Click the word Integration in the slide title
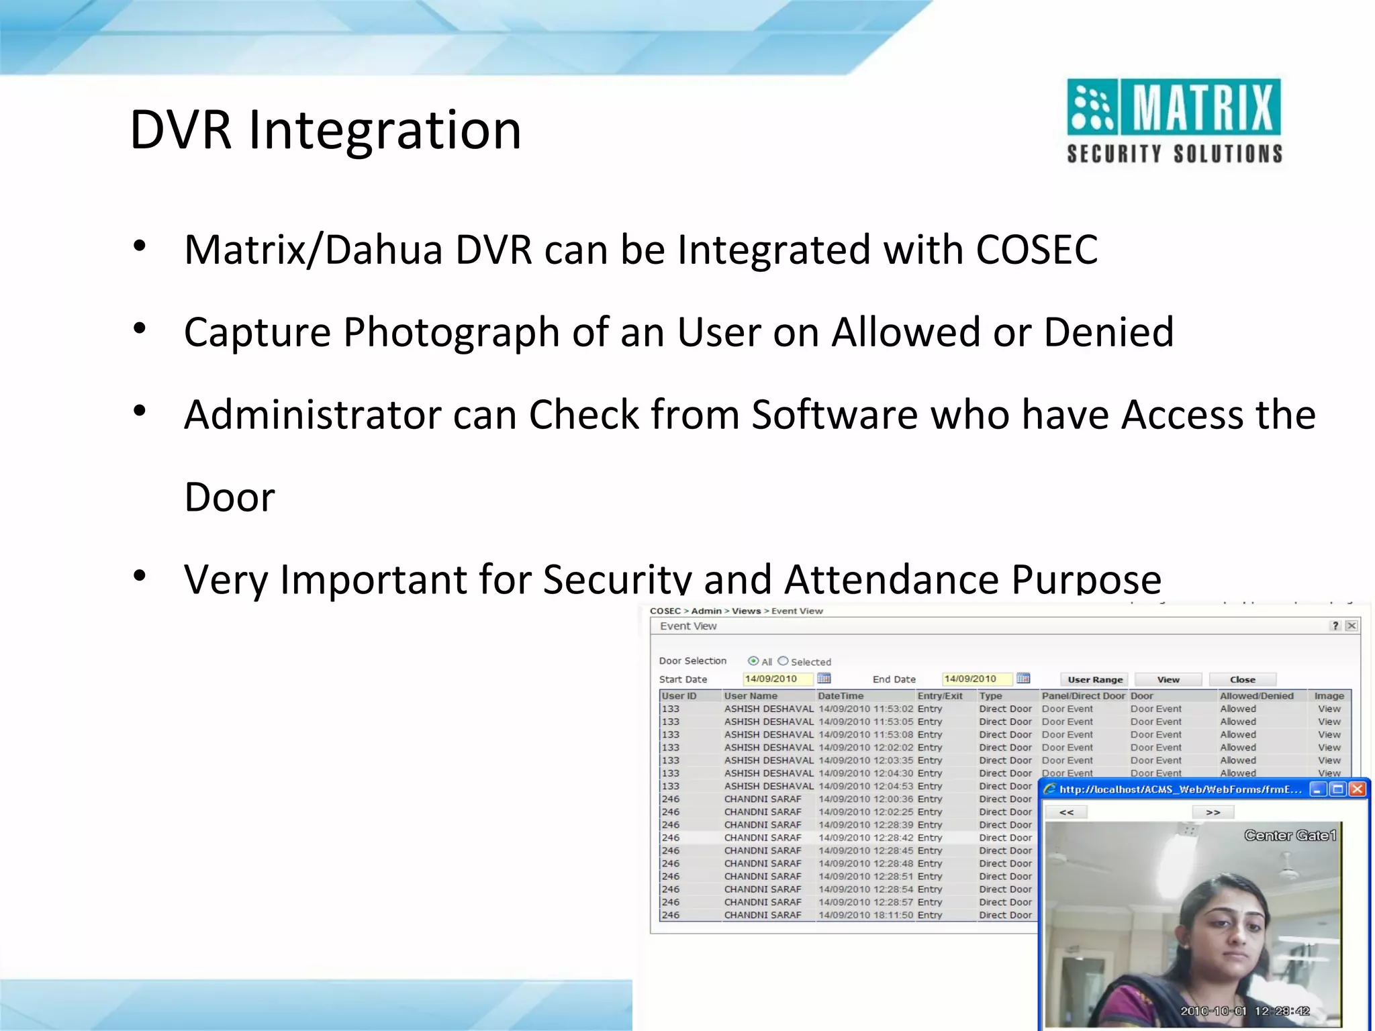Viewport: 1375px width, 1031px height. pyautogui.click(x=385, y=130)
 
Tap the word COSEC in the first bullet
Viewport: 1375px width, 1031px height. pyautogui.click(x=1037, y=250)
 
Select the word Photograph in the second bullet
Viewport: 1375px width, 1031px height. pyautogui.click(x=451, y=332)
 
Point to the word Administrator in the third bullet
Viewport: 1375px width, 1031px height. pyautogui.click(x=312, y=415)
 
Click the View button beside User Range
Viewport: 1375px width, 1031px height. pyautogui.click(x=1168, y=679)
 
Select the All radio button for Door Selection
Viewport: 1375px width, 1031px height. pyautogui.click(x=753, y=661)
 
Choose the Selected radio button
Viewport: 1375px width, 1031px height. pyautogui.click(x=783, y=661)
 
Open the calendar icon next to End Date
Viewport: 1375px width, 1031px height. pyautogui.click(x=1023, y=679)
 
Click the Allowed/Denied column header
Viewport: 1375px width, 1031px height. pyautogui.click(x=1256, y=696)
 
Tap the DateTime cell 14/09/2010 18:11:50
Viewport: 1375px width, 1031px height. pyautogui.click(x=865, y=915)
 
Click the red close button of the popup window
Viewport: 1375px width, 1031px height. pyautogui.click(x=1357, y=789)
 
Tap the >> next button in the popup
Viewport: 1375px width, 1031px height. pyautogui.click(x=1213, y=812)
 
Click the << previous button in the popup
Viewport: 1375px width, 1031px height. pyautogui.click(x=1066, y=812)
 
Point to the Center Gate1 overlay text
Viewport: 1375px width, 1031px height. pyautogui.click(x=1290, y=836)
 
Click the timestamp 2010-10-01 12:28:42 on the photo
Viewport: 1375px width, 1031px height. pyautogui.click(x=1245, y=1011)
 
